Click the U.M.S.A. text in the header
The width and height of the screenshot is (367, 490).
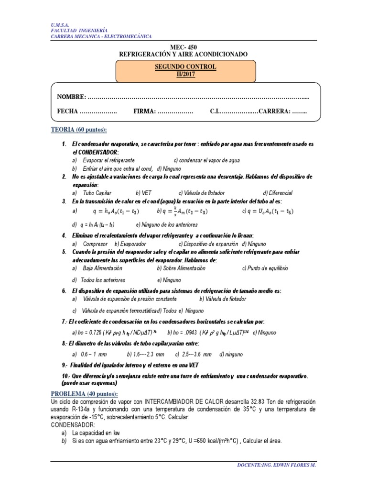coord(59,24)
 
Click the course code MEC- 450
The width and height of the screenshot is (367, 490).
coord(183,47)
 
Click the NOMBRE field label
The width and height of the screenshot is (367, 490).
coord(71,97)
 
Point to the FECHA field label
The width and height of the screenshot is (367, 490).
coord(67,111)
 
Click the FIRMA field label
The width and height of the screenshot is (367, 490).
coord(144,111)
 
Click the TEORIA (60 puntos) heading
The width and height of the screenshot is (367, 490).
coord(79,130)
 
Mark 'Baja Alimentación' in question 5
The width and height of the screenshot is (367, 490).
coord(106,268)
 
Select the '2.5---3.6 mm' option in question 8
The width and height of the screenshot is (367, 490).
coord(195,355)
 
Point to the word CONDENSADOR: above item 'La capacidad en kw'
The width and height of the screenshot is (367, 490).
coord(73,424)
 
